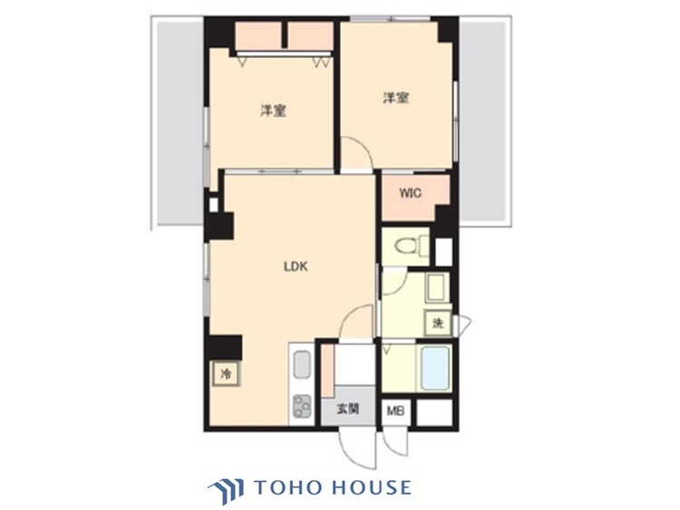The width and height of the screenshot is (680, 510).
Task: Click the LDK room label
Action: [296, 267]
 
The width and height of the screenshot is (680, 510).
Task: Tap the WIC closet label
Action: [411, 194]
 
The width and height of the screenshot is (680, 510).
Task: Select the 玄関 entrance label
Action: [347, 409]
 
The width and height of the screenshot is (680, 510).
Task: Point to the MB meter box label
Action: [395, 409]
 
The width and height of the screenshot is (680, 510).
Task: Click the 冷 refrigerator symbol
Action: [223, 373]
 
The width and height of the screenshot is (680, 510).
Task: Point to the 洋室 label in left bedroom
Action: [274, 111]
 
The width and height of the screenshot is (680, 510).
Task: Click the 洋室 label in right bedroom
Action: [394, 96]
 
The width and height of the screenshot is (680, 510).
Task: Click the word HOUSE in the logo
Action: [369, 487]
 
